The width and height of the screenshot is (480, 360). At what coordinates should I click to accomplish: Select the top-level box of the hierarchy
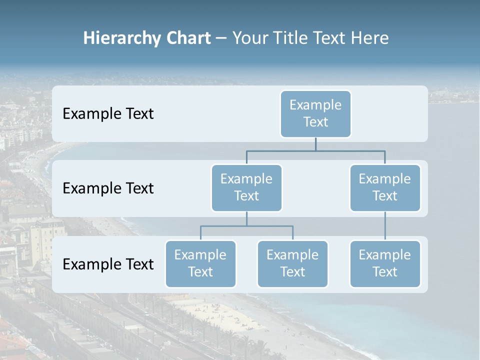315,114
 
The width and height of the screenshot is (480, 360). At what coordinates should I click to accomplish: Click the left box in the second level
246,188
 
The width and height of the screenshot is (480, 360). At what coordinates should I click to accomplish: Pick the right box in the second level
385,188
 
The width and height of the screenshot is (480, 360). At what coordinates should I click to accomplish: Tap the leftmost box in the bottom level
200,264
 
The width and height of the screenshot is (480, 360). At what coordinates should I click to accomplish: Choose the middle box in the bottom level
292,264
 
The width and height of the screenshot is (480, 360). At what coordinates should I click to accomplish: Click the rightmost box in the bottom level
385,264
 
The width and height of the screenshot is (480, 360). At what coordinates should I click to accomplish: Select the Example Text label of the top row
108,114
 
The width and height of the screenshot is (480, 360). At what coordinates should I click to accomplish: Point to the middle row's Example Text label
108,188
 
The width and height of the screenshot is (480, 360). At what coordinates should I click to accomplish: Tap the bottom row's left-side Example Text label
108,264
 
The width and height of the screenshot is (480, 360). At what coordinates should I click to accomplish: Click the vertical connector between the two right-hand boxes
385,226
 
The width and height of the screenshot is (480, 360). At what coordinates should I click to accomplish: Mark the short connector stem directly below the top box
315,144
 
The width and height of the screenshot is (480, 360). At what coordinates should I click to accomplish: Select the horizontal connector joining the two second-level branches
315,150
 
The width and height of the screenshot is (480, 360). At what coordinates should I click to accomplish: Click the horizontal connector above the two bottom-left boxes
246,226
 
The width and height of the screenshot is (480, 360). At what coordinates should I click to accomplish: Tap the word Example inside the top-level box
315,105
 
